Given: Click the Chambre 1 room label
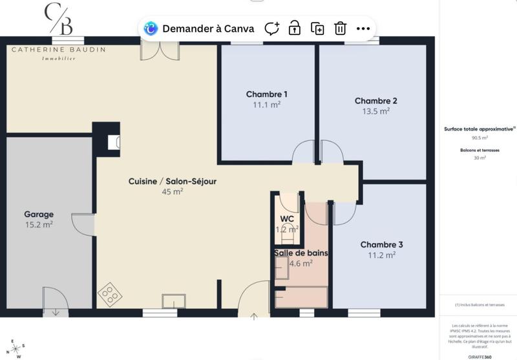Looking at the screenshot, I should (x=266, y=94).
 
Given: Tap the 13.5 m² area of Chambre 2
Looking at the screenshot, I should (x=375, y=111).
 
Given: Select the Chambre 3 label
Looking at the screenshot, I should (x=381, y=244).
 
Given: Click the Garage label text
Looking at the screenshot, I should (x=39, y=214).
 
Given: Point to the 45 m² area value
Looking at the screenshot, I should (x=172, y=191).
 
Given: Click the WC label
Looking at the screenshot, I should (x=287, y=218).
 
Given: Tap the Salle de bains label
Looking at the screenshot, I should (x=301, y=253).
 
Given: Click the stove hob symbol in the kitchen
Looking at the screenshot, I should (x=111, y=295).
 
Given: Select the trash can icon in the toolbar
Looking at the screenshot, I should (x=340, y=28).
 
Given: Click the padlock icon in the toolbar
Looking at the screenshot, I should (x=295, y=28).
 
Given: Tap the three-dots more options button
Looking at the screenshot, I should (x=363, y=28).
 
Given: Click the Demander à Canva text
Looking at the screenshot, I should (x=208, y=28).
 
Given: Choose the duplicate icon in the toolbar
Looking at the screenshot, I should (x=317, y=28).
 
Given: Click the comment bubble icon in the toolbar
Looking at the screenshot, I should (x=272, y=28).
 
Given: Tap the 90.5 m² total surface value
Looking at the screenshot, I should (x=480, y=138).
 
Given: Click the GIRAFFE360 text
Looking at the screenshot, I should (x=480, y=357).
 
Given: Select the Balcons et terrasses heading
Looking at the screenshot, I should (x=480, y=149).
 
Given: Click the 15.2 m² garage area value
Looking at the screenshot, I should (x=39, y=225).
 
